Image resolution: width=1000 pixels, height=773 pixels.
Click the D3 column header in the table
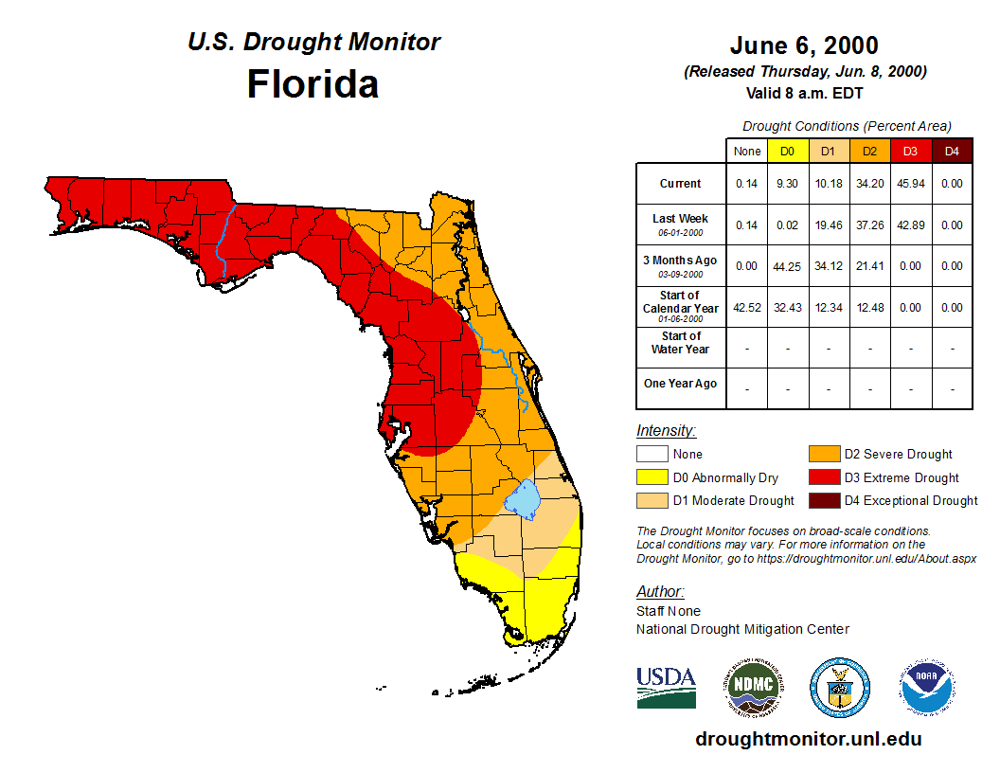coord(911,151)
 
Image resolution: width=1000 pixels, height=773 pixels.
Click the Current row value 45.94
coord(911,184)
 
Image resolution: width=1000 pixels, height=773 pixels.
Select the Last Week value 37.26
coord(870,225)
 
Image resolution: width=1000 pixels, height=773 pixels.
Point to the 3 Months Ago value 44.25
coord(788,266)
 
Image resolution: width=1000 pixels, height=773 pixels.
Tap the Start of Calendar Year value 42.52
coord(746,307)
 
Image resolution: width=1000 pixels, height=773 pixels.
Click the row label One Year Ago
coord(681,384)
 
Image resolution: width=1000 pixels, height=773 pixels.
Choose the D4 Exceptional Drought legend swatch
coord(823,500)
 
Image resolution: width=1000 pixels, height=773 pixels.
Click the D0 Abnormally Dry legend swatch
coord(652,477)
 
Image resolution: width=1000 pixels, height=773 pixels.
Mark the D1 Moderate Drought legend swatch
coord(652,500)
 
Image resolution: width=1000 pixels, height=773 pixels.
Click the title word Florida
coord(312,84)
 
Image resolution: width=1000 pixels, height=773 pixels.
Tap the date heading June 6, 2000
coord(804,45)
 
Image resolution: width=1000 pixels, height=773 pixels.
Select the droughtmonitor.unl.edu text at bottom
coord(808,739)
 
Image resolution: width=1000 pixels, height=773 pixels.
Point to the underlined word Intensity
coord(666,431)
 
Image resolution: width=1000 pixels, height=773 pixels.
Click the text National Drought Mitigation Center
coord(742,629)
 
